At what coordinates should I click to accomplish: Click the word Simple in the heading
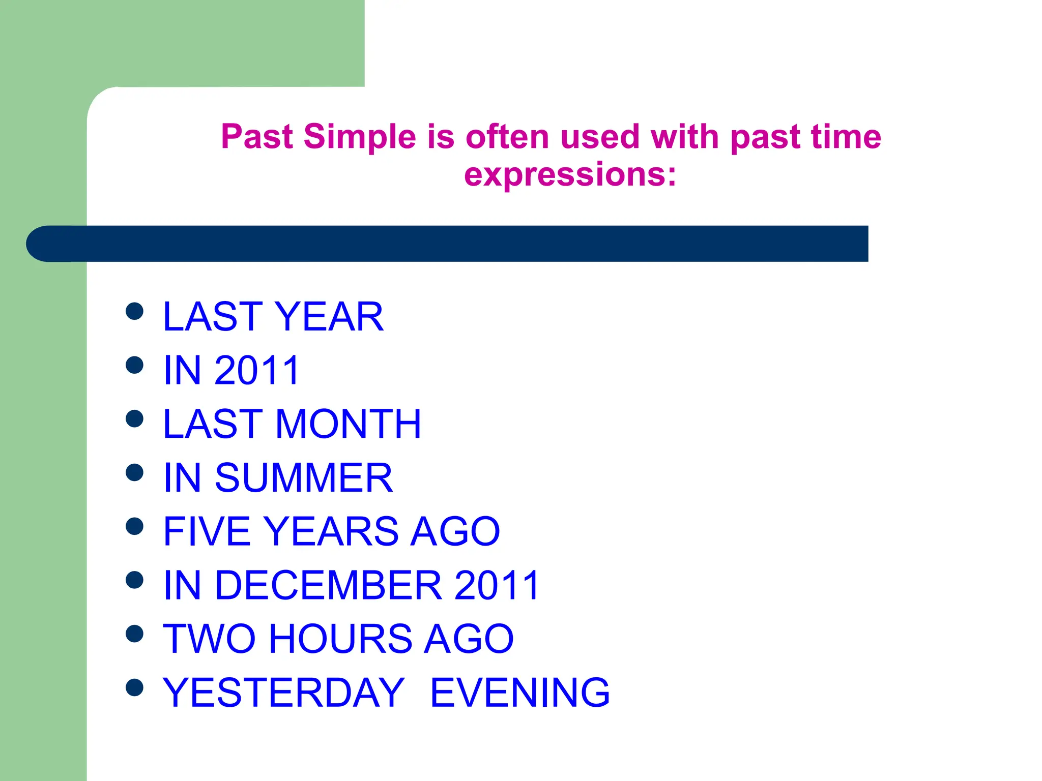point(360,137)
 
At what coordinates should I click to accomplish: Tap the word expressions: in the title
point(570,174)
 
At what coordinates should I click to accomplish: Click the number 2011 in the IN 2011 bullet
point(257,370)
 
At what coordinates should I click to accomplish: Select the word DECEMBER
point(328,585)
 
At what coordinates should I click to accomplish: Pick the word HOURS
point(340,639)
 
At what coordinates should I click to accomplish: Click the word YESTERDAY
point(283,693)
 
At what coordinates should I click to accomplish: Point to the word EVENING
point(519,693)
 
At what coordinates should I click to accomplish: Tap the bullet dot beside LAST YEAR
point(134,311)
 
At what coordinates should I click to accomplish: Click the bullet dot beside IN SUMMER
point(134,472)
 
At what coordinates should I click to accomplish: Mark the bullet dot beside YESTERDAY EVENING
point(134,687)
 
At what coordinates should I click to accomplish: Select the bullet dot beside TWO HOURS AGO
point(134,634)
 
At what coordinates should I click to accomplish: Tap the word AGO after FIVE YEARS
point(455,531)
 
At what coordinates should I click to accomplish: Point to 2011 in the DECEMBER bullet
point(496,585)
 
